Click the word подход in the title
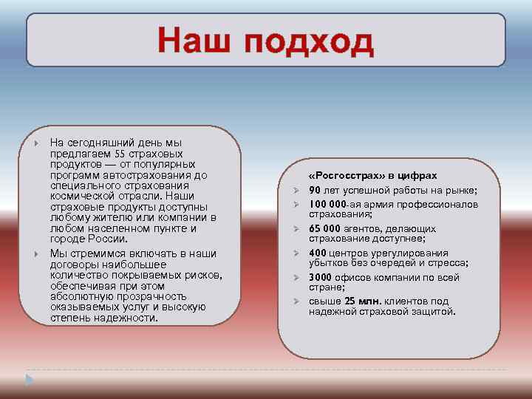click(x=310, y=43)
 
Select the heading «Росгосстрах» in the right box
click(x=343, y=176)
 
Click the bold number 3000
click(x=321, y=278)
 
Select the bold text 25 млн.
click(x=363, y=301)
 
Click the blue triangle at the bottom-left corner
click(x=29, y=379)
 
